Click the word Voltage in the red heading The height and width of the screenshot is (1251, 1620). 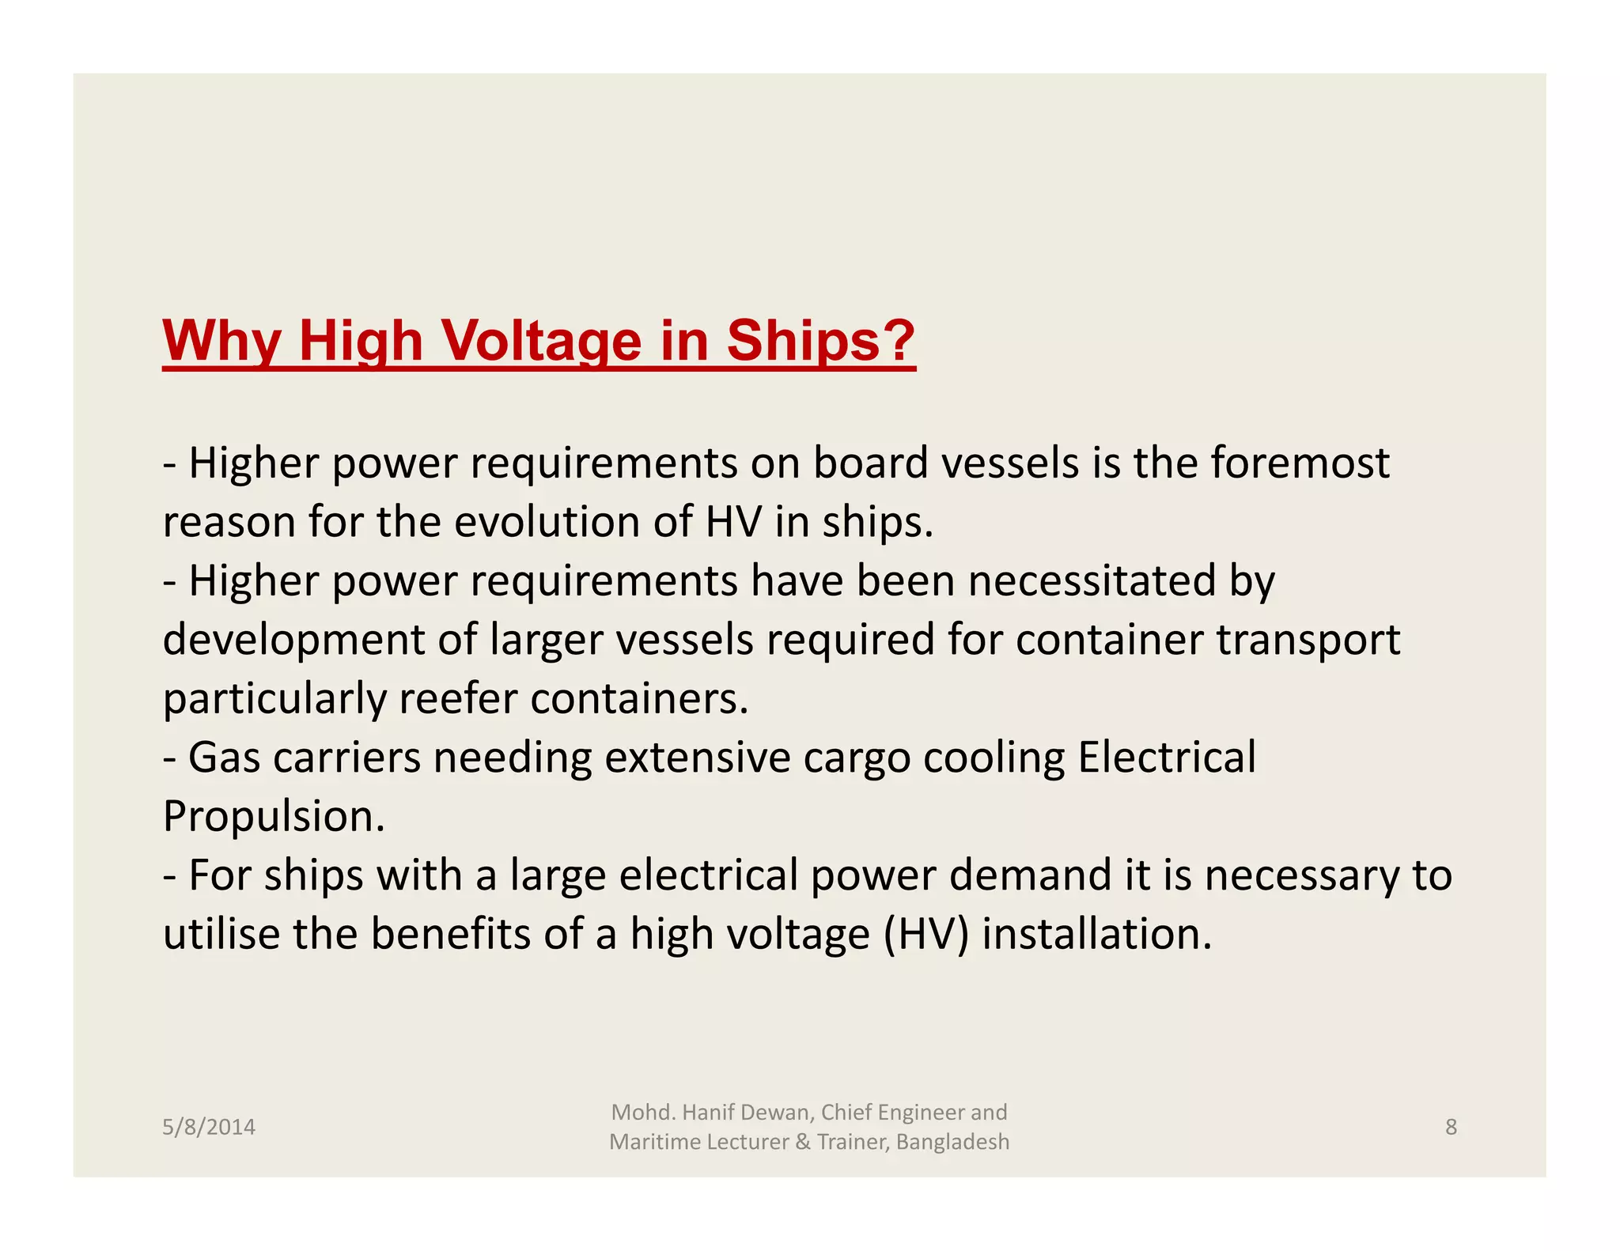tap(540, 341)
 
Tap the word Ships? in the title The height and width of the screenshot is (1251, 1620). tap(820, 341)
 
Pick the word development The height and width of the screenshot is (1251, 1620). tap(293, 640)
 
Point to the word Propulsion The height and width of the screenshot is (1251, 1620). tap(274, 816)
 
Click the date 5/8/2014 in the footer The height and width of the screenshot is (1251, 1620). tap(209, 1127)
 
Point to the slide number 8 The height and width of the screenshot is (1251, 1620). tap(1451, 1127)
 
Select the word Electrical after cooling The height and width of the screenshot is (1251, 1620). tap(1167, 757)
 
